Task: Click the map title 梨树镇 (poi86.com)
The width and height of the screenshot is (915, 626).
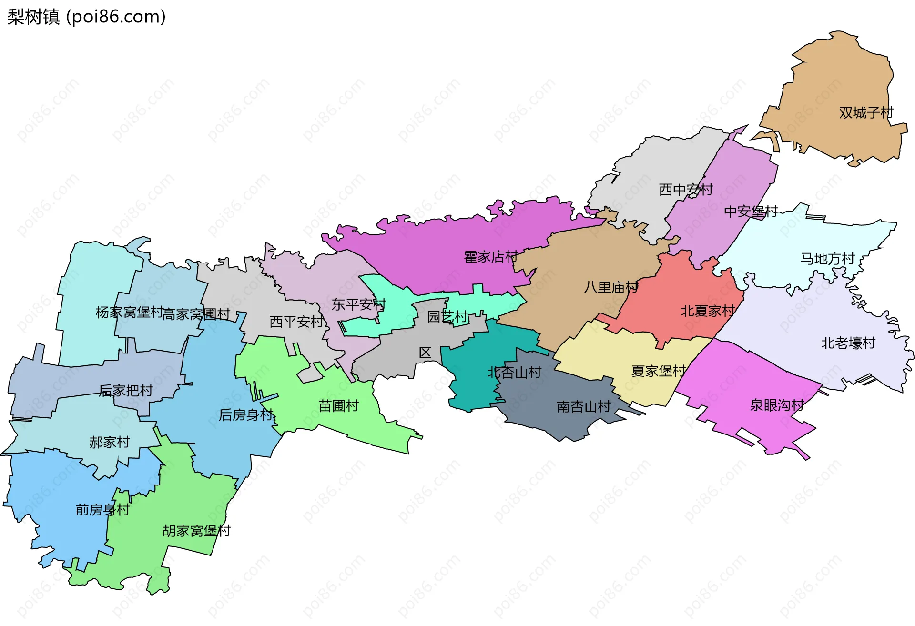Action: click(86, 17)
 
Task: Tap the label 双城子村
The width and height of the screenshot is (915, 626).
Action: click(866, 113)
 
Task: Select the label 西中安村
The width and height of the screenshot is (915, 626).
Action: click(686, 190)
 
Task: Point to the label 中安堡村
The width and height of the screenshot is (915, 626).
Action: click(751, 211)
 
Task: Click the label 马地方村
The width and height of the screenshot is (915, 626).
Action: click(827, 259)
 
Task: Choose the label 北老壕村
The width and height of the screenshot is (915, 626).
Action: click(848, 343)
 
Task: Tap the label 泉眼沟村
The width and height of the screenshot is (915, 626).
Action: click(777, 405)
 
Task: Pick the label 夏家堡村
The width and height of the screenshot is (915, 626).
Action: click(658, 371)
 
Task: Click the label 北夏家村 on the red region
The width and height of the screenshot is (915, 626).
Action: click(708, 311)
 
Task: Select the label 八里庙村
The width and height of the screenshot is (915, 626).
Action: click(611, 287)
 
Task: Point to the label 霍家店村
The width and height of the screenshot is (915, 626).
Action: click(491, 257)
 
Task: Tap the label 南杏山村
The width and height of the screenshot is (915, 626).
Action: click(583, 406)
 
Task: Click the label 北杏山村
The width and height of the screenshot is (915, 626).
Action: click(514, 372)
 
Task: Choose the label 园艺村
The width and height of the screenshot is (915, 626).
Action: click(447, 316)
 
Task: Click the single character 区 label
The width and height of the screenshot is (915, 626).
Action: click(425, 353)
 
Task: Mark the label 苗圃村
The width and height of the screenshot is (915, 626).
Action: click(338, 406)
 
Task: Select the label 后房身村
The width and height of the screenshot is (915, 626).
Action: click(246, 415)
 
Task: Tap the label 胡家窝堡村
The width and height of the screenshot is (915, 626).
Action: click(196, 531)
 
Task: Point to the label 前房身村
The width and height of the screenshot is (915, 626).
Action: click(102, 510)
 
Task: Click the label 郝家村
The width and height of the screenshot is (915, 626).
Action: click(109, 442)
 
